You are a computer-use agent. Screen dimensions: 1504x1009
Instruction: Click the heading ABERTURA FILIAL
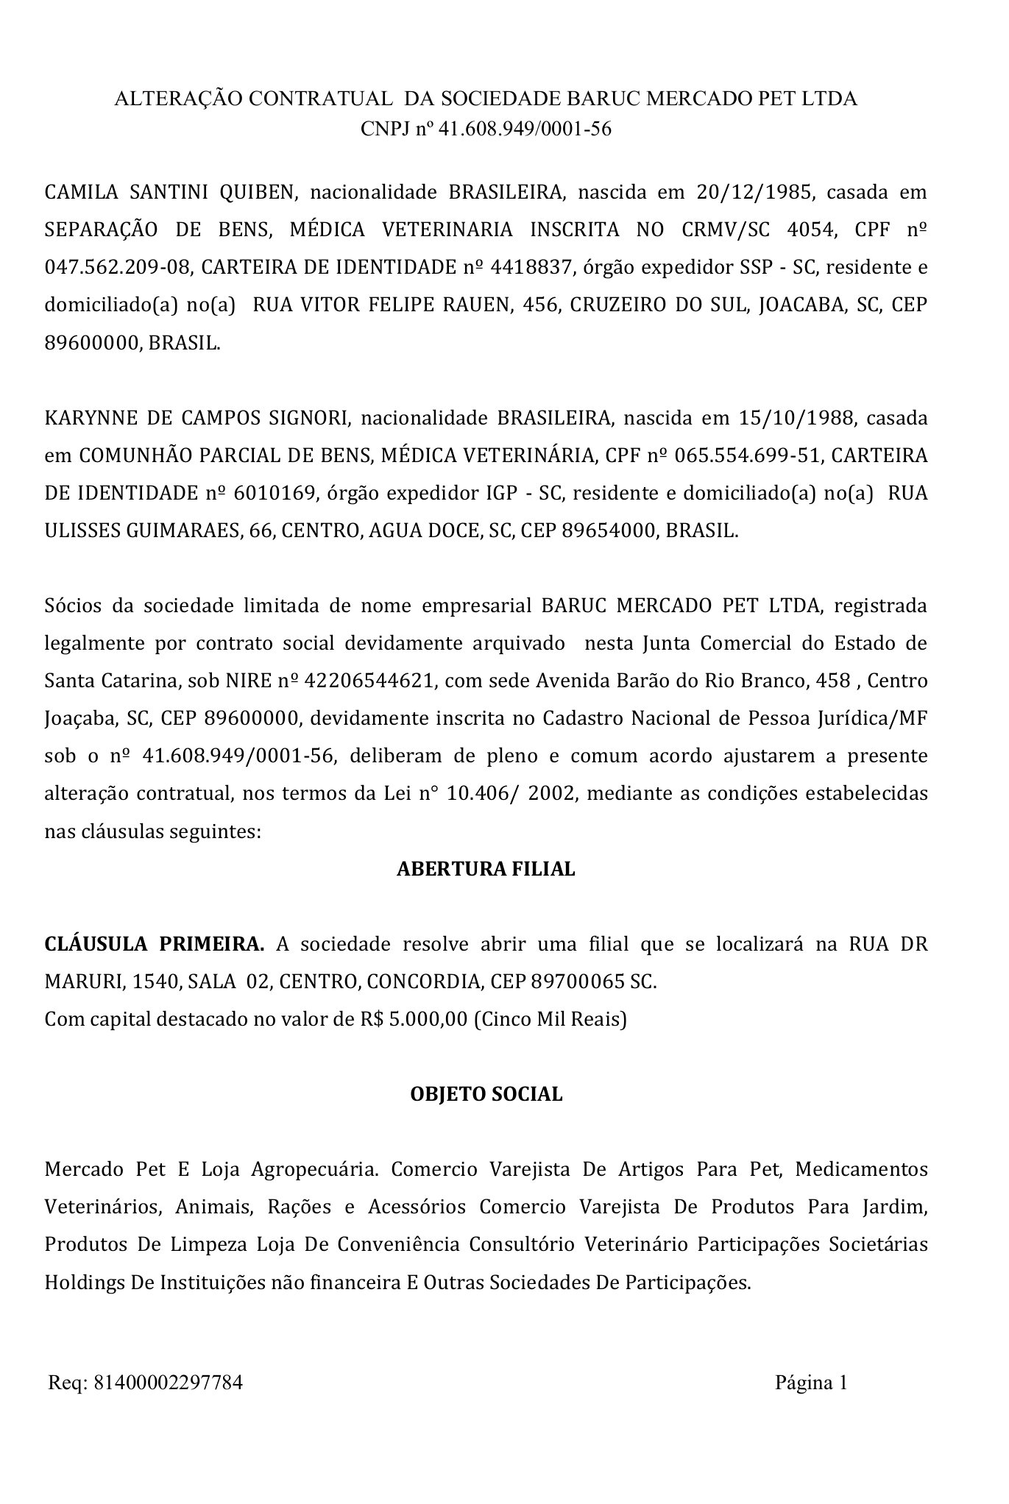[486, 869]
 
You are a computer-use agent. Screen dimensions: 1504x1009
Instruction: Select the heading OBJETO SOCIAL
[486, 1094]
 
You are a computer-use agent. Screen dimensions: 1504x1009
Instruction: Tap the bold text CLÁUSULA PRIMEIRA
[155, 944]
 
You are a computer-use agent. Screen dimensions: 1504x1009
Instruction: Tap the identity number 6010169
[275, 493]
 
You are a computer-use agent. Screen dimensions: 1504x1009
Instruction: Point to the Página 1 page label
[811, 1383]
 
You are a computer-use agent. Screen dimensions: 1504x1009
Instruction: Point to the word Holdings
[84, 1283]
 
